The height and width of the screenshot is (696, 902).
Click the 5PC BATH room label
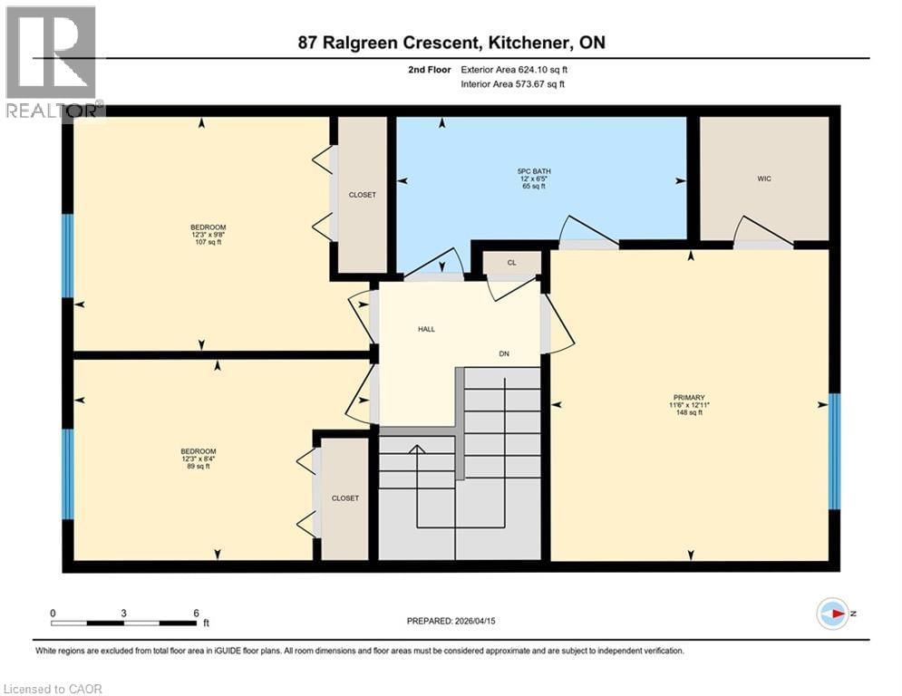[x=541, y=171]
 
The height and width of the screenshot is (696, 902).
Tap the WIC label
[x=763, y=179]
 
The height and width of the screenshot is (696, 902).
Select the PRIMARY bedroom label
[x=690, y=395]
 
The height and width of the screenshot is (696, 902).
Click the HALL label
[x=426, y=329]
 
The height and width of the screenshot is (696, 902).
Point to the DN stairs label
[x=505, y=353]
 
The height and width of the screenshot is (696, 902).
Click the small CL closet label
[x=511, y=263]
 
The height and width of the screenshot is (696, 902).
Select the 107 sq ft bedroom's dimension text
[x=208, y=236]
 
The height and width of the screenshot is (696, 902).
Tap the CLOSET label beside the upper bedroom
[x=362, y=195]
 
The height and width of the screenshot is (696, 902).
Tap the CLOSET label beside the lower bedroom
[x=344, y=498]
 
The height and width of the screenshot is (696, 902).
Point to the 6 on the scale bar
[x=195, y=613]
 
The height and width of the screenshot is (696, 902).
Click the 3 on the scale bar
[x=123, y=613]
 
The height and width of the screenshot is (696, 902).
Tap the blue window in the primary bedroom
[x=835, y=450]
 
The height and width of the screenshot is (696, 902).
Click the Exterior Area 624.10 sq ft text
[x=519, y=69]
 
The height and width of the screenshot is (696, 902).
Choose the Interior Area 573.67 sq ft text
[x=519, y=84]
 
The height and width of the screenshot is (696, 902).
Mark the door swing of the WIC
[x=762, y=232]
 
